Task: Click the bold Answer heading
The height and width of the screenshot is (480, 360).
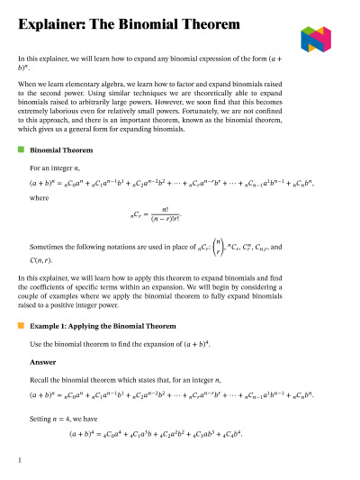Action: (42, 362)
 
